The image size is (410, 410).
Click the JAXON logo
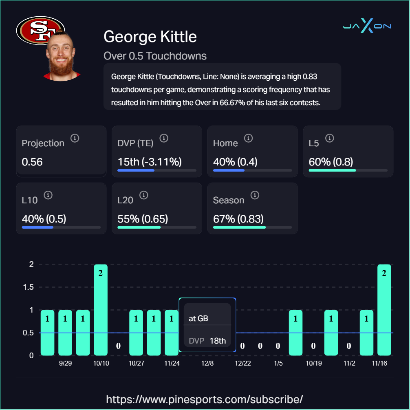coord(367,26)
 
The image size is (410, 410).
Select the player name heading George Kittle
coord(150,37)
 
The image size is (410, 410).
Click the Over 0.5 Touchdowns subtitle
coord(155,56)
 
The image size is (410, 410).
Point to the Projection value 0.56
coord(32,162)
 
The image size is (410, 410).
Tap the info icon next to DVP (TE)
coord(164,138)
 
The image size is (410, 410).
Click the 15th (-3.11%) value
coord(149,162)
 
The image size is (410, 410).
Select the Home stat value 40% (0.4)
coord(235,162)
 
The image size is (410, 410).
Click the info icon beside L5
coord(330,138)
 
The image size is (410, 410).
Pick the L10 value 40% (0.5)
coord(44,219)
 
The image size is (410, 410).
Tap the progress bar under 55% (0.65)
coord(157,227)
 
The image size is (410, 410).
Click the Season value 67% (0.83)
coord(238,219)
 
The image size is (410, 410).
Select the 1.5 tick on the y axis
coord(28,287)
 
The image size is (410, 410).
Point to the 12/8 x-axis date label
coord(207,363)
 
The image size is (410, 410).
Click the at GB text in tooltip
coord(198,318)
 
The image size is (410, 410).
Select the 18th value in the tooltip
coord(218,341)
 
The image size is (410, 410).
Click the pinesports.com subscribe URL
coord(205,399)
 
